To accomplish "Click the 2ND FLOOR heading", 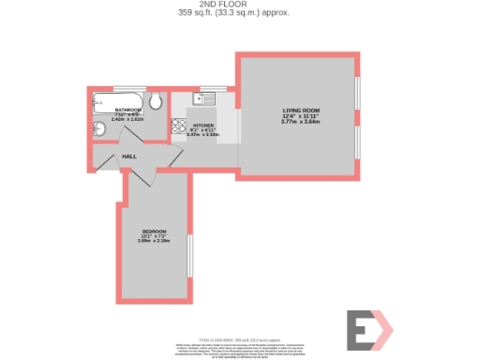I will pos(239,4).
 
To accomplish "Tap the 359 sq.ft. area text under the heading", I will pos(239,12).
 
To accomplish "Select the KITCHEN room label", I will pos(203,125).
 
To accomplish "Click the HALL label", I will pos(128,157).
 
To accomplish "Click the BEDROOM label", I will pos(155,231).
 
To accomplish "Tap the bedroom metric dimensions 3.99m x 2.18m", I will pos(155,242).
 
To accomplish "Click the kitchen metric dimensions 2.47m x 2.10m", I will pos(203,135).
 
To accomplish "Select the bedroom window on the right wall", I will pos(189,255).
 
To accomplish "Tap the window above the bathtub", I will pos(116,89).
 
